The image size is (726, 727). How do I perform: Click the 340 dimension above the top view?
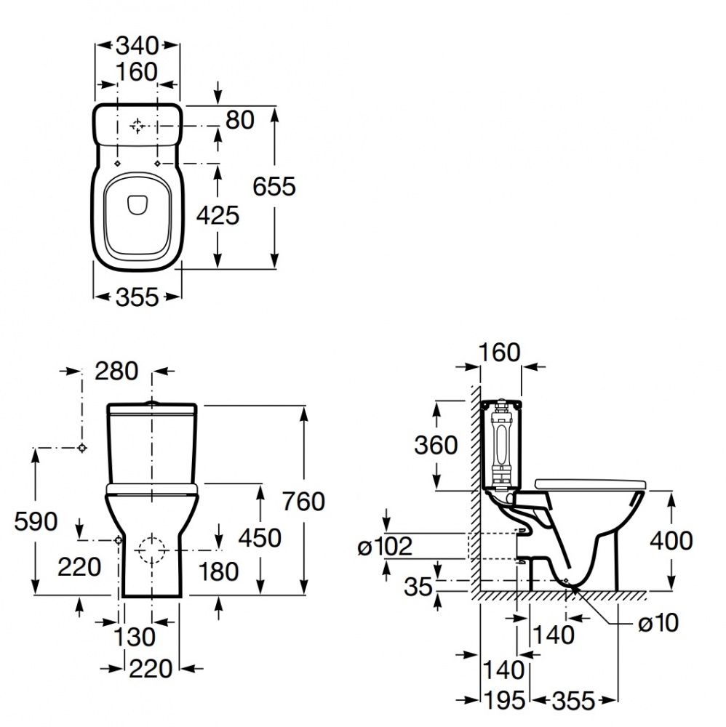click(137, 46)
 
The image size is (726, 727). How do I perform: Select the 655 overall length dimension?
click(274, 187)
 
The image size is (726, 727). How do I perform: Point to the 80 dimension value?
click(240, 120)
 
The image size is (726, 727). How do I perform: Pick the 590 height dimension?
click(36, 521)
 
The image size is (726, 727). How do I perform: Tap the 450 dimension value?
click(260, 538)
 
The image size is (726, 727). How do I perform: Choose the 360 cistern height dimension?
click(436, 444)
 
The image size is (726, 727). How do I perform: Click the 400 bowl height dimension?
click(671, 540)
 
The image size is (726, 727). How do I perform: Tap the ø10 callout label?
click(658, 622)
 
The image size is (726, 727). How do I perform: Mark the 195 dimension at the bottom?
click(504, 700)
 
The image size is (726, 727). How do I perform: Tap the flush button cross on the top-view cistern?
click(137, 126)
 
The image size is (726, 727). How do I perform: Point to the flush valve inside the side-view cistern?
click(500, 444)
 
